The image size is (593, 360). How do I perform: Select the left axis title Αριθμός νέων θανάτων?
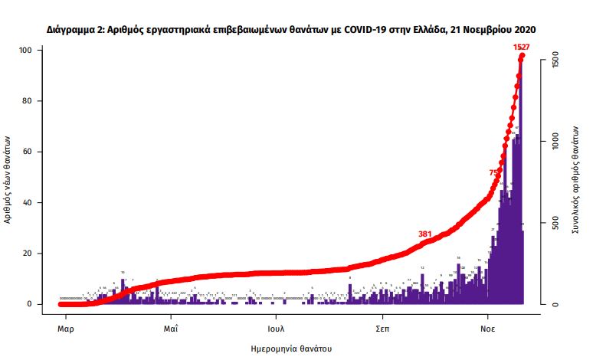click(9, 178)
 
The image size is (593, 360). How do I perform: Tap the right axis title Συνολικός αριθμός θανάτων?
click(576, 178)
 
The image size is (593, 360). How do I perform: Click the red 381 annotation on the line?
click(426, 234)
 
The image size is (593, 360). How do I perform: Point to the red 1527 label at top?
click(522, 47)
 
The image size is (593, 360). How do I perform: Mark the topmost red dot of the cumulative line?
click(523, 55)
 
